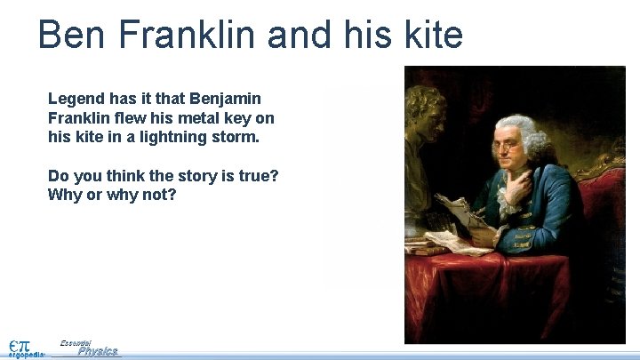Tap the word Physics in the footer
98,351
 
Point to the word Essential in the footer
76,342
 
